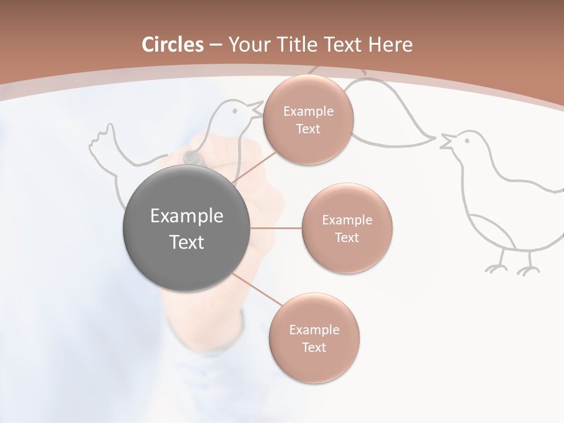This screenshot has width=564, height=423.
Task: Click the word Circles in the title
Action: [173, 45]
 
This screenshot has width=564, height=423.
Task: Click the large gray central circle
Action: [186, 228]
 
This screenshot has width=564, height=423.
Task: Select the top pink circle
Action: [308, 120]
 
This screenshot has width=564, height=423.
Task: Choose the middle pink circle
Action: [347, 228]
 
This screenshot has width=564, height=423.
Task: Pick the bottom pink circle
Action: [314, 338]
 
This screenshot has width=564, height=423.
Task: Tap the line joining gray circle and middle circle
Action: [276, 228]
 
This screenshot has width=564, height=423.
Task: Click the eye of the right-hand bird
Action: [467, 140]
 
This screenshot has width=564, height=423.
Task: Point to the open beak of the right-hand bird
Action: [446, 142]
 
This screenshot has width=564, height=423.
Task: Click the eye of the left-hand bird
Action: [234, 109]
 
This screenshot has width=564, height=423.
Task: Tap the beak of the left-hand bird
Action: [256, 108]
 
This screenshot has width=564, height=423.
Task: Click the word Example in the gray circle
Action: [186, 216]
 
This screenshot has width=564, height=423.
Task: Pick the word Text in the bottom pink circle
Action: [314, 347]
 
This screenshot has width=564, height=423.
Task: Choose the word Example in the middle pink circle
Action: [347, 220]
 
